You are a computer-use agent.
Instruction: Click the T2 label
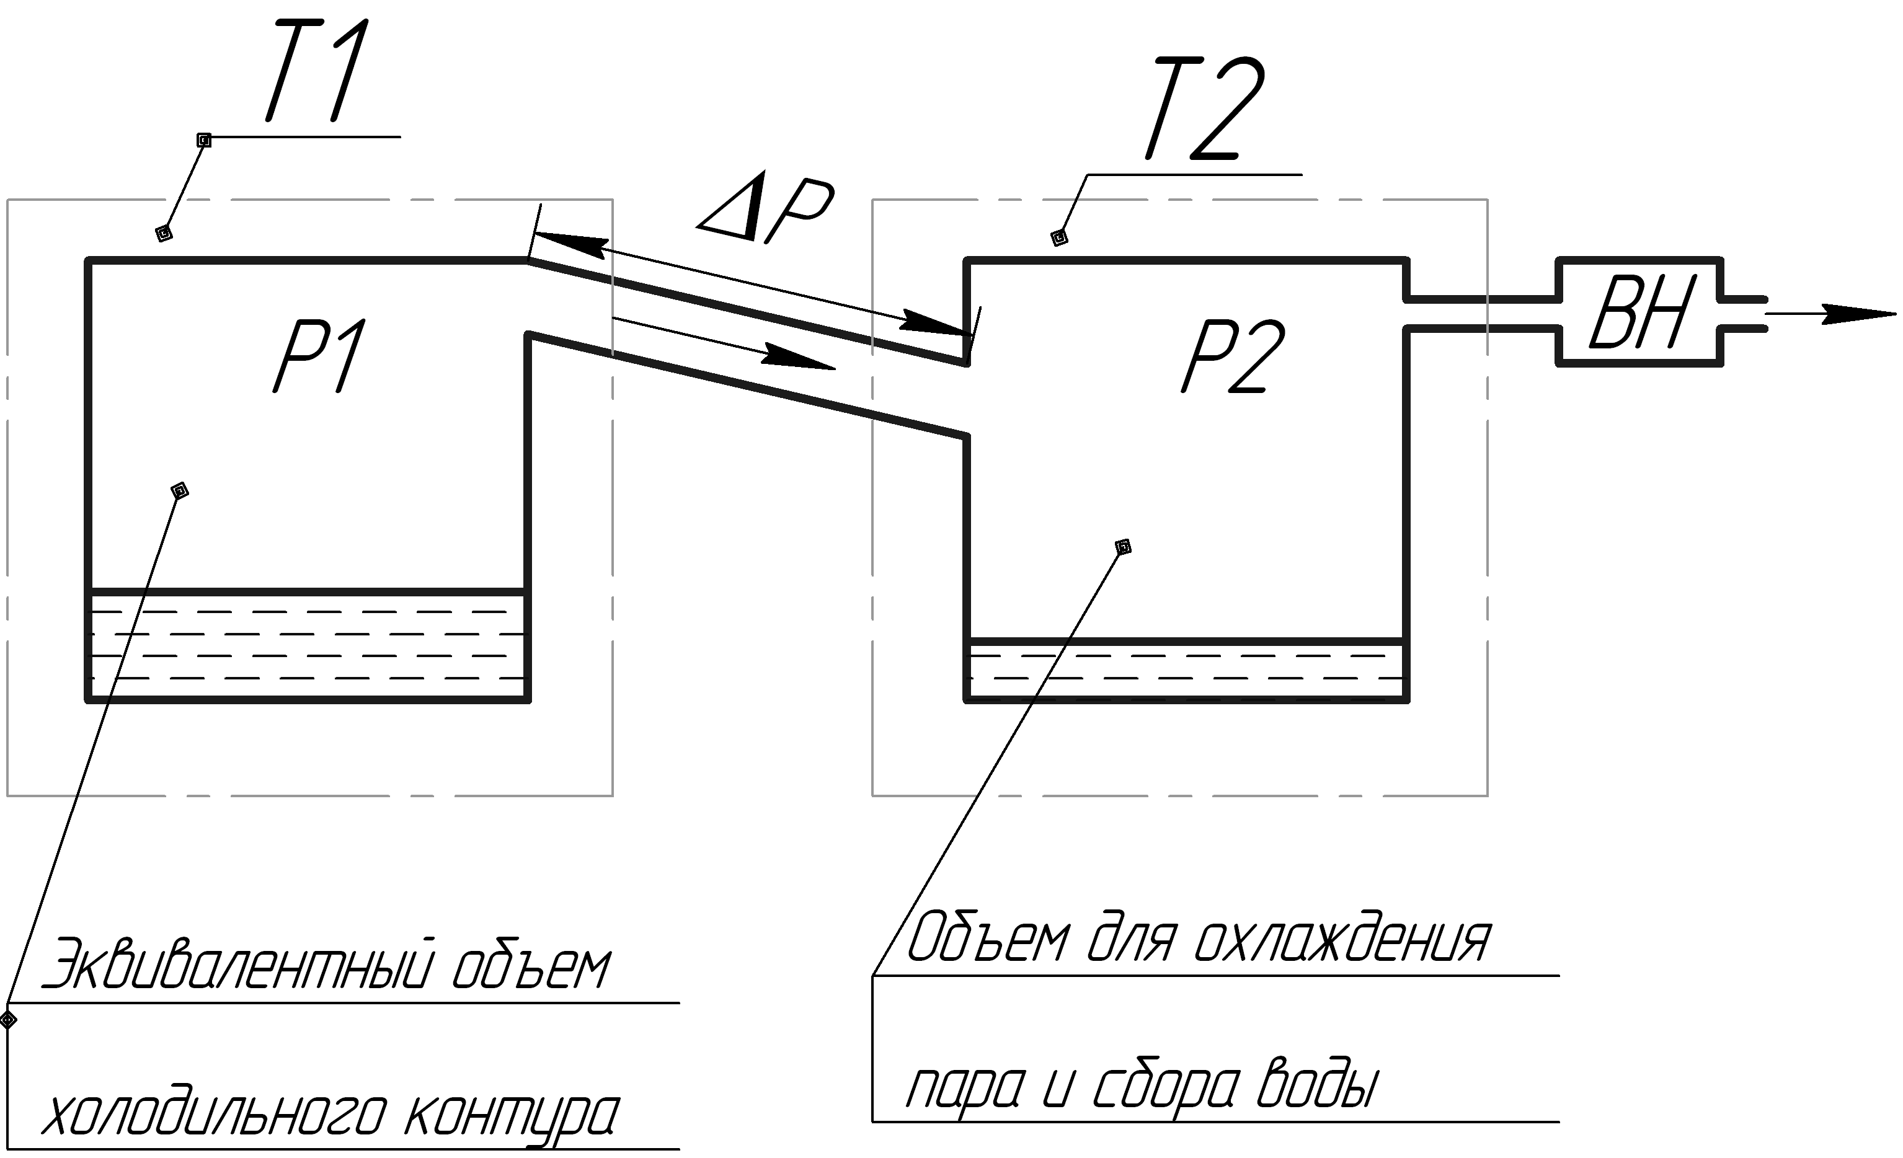point(1207,108)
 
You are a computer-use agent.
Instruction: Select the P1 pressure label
point(321,356)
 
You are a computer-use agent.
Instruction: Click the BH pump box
point(1639,312)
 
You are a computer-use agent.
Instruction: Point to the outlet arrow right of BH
point(1830,314)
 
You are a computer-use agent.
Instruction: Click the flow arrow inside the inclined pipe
point(724,343)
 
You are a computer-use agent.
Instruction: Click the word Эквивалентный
point(237,963)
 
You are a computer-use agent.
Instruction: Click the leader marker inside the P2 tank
point(1124,547)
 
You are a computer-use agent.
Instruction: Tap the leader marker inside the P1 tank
point(179,490)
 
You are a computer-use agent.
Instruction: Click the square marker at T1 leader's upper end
point(204,139)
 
